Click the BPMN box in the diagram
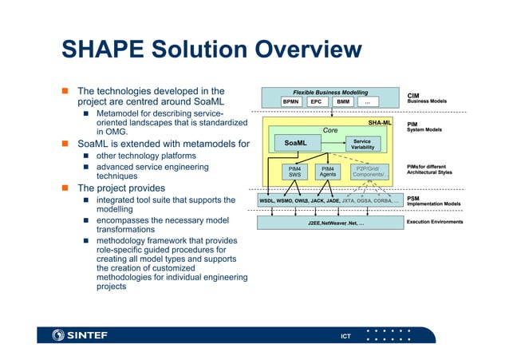290,102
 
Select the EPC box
317,102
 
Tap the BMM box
343,102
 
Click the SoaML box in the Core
296,143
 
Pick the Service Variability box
362,143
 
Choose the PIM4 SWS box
294,172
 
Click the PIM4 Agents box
328,172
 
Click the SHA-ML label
380,124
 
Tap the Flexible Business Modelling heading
330,93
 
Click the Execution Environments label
435,222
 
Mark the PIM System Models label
424,127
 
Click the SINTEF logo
79,334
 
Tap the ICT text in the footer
346,334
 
